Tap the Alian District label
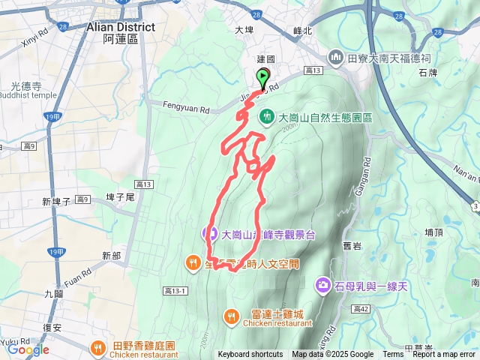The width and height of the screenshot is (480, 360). tap(121, 27)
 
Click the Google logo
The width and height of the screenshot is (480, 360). tap(28, 349)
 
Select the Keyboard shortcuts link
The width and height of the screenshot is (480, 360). tap(250, 355)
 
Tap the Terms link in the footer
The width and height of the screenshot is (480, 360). tap(393, 355)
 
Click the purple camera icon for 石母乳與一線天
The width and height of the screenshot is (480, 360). tap(322, 284)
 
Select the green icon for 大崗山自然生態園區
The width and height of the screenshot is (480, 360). tap(267, 117)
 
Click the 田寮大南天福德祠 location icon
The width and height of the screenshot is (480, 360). tap(337, 57)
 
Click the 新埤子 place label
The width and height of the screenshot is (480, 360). tap(56, 201)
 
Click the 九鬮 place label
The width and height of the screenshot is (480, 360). tap(53, 294)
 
